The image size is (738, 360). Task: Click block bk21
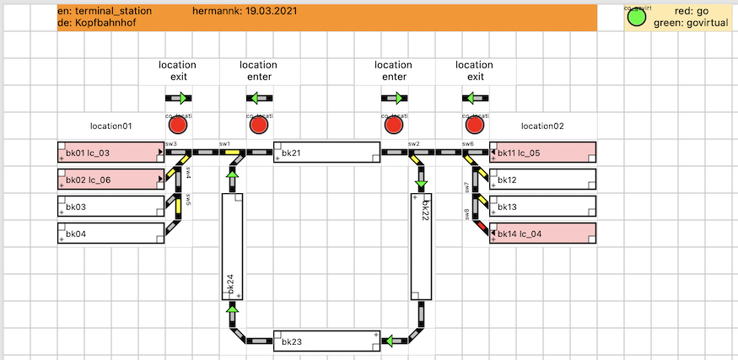[326, 153]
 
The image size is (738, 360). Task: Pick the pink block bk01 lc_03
[110, 153]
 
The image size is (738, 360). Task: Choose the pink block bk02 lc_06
[110, 180]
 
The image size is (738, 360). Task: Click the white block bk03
[110, 207]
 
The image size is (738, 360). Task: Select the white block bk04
[110, 234]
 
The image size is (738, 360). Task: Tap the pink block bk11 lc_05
[543, 153]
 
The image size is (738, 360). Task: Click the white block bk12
[543, 180]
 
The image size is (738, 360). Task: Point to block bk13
[543, 207]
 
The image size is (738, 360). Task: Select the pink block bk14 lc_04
[543, 234]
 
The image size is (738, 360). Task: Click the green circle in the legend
[638, 18]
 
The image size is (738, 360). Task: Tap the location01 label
[110, 126]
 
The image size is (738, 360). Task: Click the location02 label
[542, 126]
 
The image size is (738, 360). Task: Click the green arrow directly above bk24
[232, 173]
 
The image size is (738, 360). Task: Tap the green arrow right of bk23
[390, 341]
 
